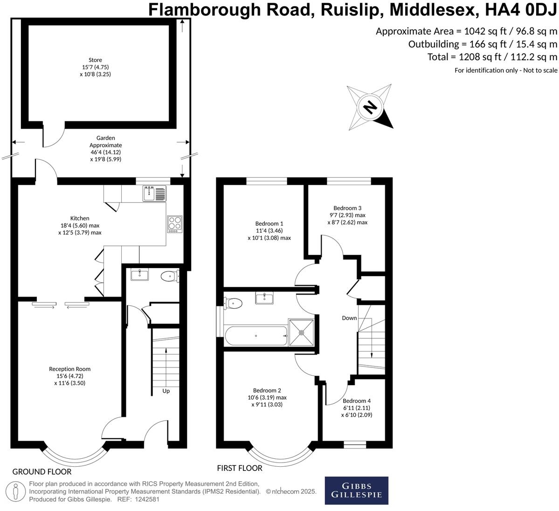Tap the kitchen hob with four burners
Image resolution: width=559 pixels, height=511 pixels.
[175, 223]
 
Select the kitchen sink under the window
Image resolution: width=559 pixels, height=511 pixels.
[154, 193]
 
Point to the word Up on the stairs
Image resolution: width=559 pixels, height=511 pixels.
[166, 391]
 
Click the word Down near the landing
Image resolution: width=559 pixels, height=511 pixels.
[349, 318]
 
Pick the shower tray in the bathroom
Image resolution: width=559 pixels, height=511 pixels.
[302, 332]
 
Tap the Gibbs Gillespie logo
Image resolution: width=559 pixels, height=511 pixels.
[356, 490]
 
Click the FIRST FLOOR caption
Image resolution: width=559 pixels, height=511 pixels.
[240, 468]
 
